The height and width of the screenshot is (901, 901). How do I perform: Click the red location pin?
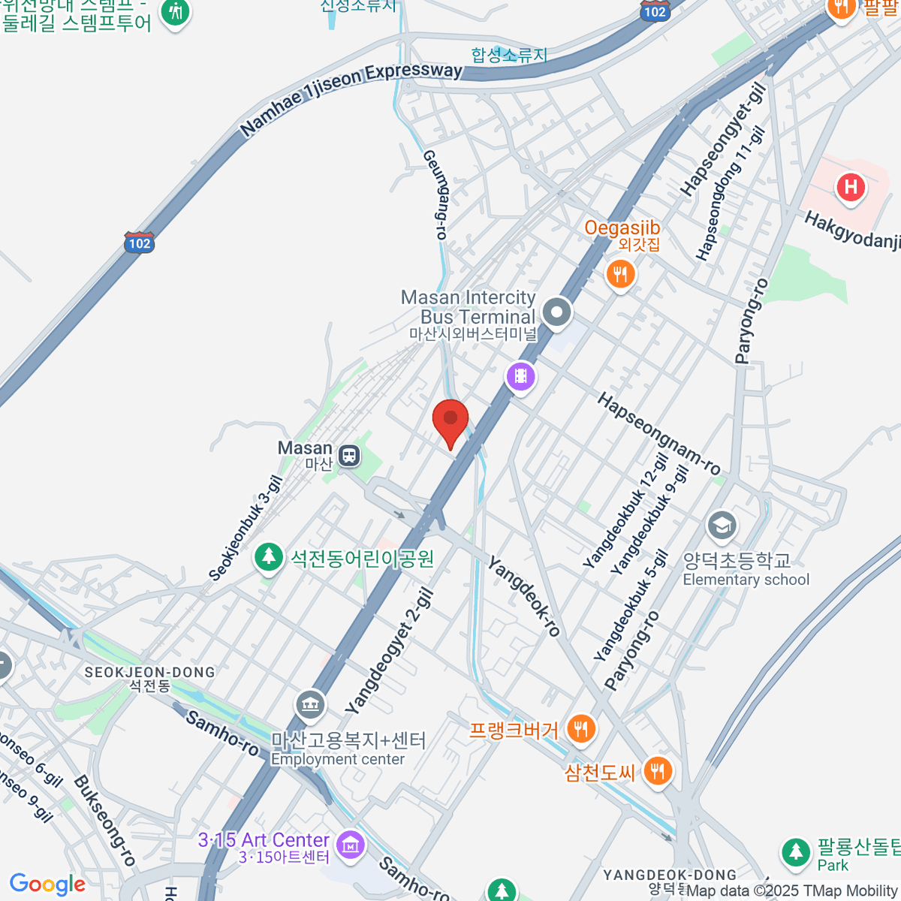450,420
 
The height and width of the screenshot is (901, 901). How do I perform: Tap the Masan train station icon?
349,455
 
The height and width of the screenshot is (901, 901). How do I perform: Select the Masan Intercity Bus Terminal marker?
556,312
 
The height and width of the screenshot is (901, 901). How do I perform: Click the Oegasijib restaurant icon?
620,275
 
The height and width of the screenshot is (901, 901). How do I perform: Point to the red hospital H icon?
851,186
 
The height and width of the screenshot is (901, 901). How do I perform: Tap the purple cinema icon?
520,375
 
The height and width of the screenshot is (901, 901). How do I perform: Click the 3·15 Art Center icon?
350,844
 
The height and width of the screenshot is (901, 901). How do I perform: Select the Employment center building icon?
309,704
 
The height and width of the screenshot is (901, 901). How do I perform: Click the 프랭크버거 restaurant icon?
580,728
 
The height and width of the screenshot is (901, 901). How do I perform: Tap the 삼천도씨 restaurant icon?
657,770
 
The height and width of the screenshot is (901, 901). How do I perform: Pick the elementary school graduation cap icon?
722,525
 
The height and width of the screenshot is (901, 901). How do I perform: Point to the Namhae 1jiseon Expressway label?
351,98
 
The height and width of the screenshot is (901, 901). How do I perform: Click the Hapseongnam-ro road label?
658,433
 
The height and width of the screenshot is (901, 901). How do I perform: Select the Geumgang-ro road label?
435,194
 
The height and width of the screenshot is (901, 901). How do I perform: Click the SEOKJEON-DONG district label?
149,673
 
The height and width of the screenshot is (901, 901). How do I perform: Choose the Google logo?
47,884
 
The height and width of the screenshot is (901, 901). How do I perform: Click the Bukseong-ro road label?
104,821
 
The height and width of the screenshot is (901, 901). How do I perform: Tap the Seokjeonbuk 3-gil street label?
246,529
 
